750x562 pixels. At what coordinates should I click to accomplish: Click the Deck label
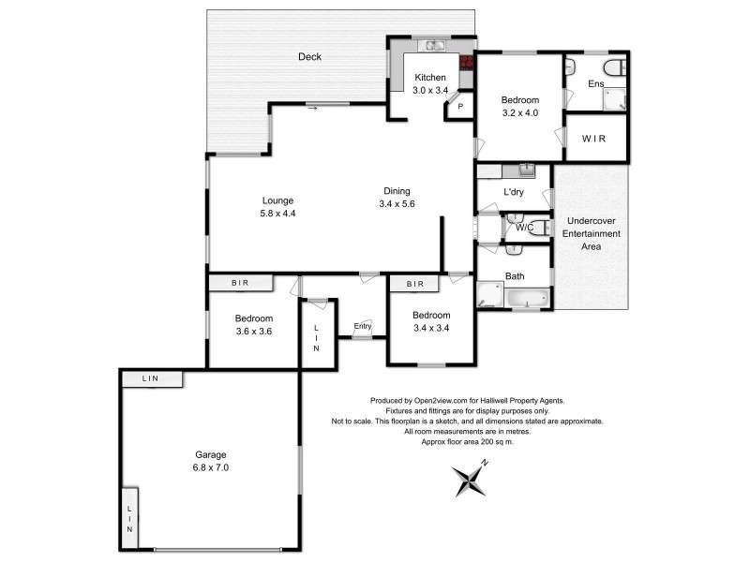[309, 57]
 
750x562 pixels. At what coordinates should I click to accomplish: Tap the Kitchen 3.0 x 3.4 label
[430, 84]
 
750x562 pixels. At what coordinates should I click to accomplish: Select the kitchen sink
[434, 45]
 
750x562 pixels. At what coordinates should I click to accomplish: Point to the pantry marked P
[459, 107]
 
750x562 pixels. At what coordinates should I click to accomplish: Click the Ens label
[595, 84]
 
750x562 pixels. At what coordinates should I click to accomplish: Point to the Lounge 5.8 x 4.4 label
[277, 207]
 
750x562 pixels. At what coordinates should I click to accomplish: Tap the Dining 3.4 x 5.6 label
[396, 198]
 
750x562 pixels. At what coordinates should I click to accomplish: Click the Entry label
[362, 326]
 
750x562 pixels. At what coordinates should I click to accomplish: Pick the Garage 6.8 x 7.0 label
[212, 460]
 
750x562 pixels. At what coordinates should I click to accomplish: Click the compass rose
[467, 482]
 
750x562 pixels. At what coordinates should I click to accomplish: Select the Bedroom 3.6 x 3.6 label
[253, 324]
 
